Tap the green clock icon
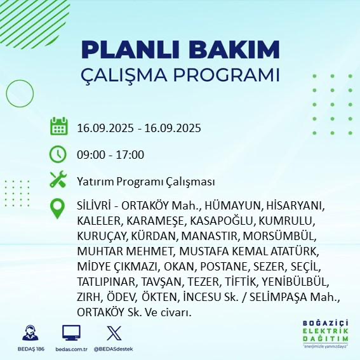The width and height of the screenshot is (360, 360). point(58,154)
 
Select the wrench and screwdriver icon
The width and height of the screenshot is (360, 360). point(58,181)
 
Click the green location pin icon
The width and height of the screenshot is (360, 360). point(58,209)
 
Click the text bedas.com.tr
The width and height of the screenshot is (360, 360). point(71,349)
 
